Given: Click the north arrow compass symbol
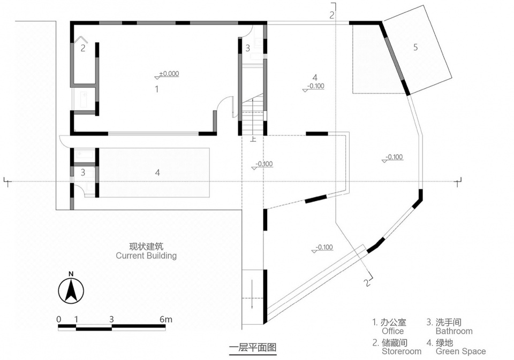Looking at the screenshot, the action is (x=71, y=290).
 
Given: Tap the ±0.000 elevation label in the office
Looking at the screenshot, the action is (x=169, y=74).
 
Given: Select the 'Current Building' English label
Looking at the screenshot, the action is (x=146, y=256).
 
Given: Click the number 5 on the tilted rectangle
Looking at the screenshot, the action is (x=415, y=47).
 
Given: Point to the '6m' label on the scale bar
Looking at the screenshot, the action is (x=165, y=319).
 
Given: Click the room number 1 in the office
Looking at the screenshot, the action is (x=157, y=89).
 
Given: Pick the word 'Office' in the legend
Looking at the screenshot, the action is (x=392, y=331).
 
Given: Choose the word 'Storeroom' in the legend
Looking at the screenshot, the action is (x=402, y=351).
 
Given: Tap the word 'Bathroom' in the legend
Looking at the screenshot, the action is (x=454, y=331).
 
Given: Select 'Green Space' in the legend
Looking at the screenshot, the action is (x=460, y=351).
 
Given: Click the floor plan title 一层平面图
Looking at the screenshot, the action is (x=253, y=347).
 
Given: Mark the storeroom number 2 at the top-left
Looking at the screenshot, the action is (x=83, y=48).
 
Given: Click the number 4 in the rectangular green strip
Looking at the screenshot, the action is (x=157, y=172).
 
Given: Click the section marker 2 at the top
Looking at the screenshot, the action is (x=332, y=15).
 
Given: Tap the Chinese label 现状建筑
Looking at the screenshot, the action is (x=146, y=246).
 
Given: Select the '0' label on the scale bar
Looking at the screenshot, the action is (x=59, y=319).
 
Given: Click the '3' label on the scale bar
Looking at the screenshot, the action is (x=111, y=319).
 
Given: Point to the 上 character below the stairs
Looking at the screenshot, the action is (x=253, y=139).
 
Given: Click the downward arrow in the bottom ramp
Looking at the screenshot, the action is (x=252, y=294).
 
